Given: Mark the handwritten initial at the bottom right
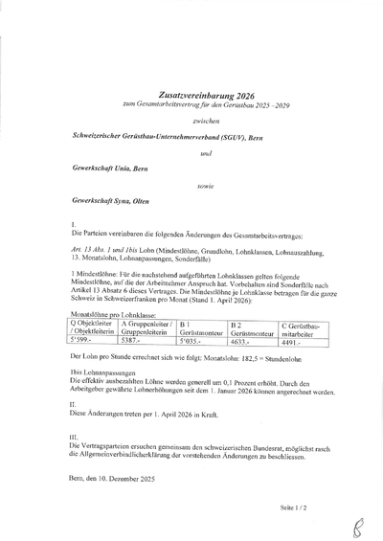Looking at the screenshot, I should pos(358,524).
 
